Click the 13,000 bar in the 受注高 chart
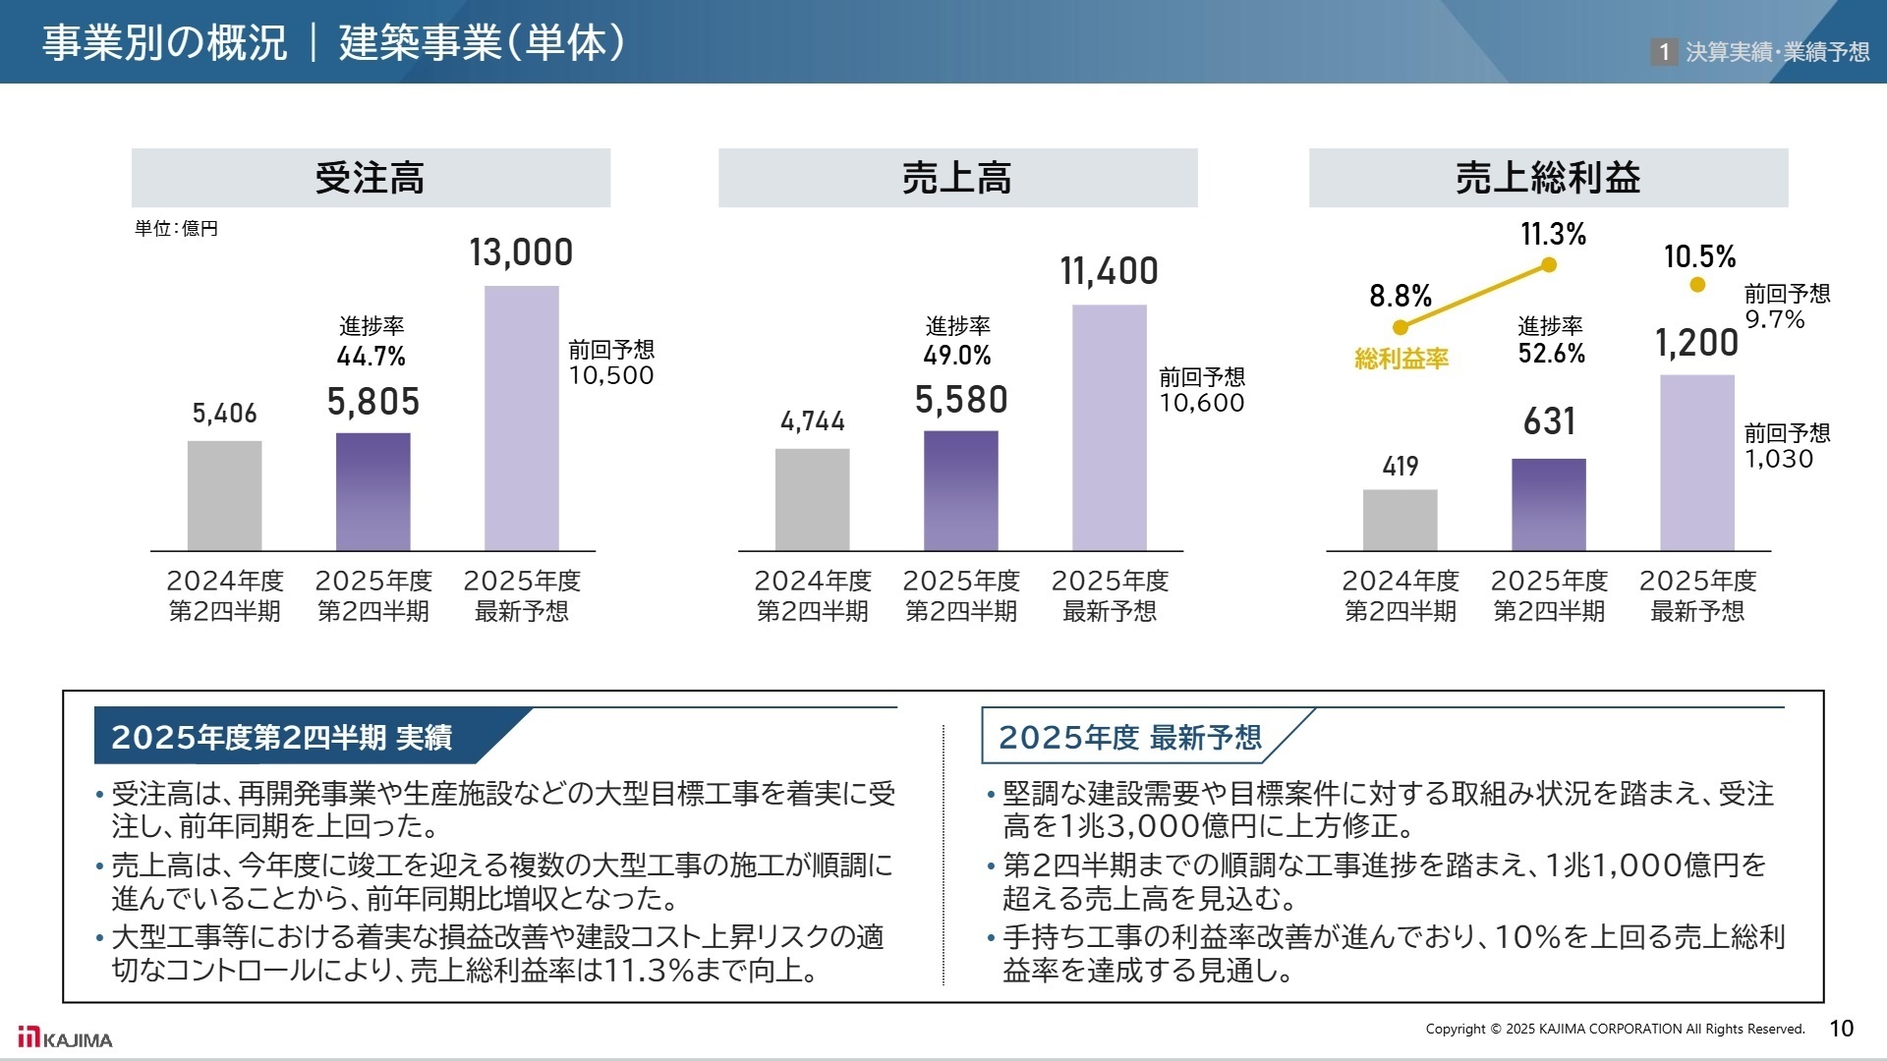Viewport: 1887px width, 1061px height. (521, 418)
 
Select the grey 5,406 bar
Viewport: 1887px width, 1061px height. (224, 495)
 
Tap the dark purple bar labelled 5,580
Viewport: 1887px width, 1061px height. (960, 490)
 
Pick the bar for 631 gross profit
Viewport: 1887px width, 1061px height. (1548, 504)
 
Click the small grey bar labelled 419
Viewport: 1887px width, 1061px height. (1400, 520)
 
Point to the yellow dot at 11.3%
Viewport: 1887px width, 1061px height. (1549, 264)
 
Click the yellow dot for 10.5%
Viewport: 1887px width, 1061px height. (1697, 285)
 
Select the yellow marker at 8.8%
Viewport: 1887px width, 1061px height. (1401, 327)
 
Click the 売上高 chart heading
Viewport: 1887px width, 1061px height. (957, 178)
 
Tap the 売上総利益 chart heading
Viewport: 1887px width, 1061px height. (1548, 178)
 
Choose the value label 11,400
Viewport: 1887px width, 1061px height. (1109, 271)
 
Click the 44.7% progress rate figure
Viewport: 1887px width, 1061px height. (371, 356)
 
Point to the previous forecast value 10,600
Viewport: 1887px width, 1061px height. (1201, 403)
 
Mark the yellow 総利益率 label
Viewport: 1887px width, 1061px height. (1401, 359)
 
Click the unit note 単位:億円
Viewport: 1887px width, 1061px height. (177, 229)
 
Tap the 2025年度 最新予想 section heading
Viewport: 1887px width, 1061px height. (1130, 737)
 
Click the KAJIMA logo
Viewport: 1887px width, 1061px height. (65, 1037)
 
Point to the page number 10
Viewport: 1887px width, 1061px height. (1841, 1029)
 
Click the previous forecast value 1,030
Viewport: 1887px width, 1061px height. (1778, 459)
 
